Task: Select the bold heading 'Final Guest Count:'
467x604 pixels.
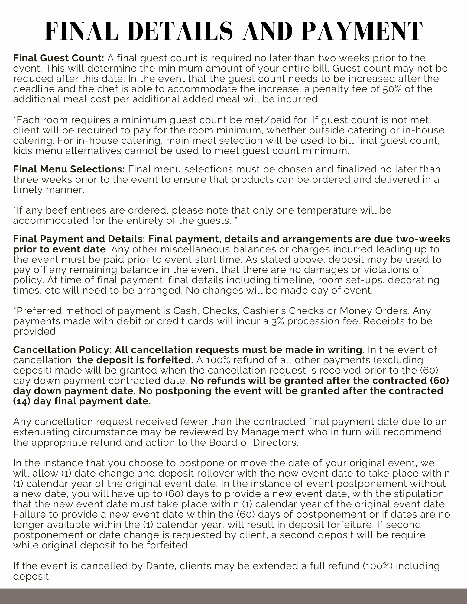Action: pyautogui.click(x=59, y=58)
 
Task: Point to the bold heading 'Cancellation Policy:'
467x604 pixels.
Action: pyautogui.click(x=63, y=350)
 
